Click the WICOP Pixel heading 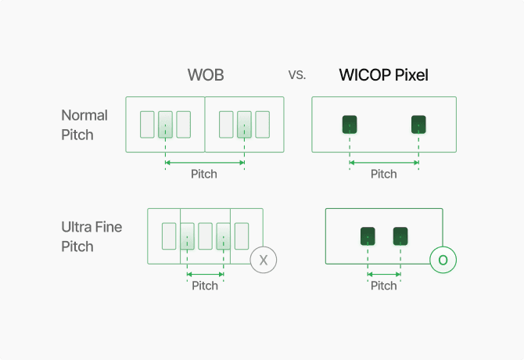point(383,75)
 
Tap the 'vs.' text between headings point(297,76)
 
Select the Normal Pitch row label point(84,124)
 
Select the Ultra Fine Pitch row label point(92,236)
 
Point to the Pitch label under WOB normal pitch point(204,174)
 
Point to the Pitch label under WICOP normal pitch point(383,174)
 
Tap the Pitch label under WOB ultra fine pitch point(205,286)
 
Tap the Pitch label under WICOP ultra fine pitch point(383,286)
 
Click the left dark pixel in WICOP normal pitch point(350,124)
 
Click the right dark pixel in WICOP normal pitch point(418,124)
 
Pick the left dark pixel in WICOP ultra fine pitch point(368,235)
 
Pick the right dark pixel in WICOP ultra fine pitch point(400,235)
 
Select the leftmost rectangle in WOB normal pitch point(147,124)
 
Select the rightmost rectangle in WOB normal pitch point(262,124)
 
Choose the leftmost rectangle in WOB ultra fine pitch point(169,236)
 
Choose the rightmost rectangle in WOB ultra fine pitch point(242,236)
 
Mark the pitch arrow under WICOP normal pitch point(384,163)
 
